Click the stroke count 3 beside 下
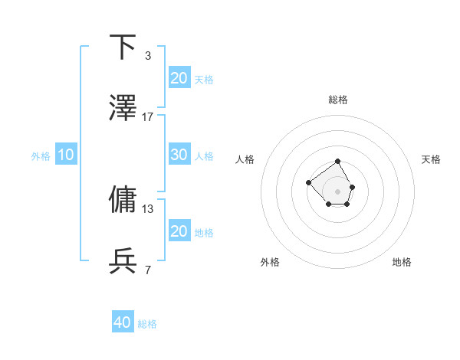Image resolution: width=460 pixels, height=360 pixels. [x=147, y=55]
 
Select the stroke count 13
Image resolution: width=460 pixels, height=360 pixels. [x=148, y=208]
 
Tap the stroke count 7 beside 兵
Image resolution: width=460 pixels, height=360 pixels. [x=147, y=269]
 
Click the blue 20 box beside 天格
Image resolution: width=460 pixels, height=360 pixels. [x=179, y=77]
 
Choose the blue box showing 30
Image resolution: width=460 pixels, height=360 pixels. [x=179, y=155]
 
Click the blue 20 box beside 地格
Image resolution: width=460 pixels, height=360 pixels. [x=179, y=231]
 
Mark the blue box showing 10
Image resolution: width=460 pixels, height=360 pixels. [x=66, y=155]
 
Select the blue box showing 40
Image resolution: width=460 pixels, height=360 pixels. [x=123, y=322]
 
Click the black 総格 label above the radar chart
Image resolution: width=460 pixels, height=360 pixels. [x=338, y=100]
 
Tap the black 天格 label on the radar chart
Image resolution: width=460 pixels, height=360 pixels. [x=432, y=159]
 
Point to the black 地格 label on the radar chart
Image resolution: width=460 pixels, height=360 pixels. [x=402, y=262]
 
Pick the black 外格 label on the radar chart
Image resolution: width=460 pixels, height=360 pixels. [x=271, y=262]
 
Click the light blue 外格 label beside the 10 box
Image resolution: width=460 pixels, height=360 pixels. [x=41, y=156]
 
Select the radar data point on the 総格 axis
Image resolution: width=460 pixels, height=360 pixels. [x=338, y=162]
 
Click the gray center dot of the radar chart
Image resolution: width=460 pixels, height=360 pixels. [x=338, y=191]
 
